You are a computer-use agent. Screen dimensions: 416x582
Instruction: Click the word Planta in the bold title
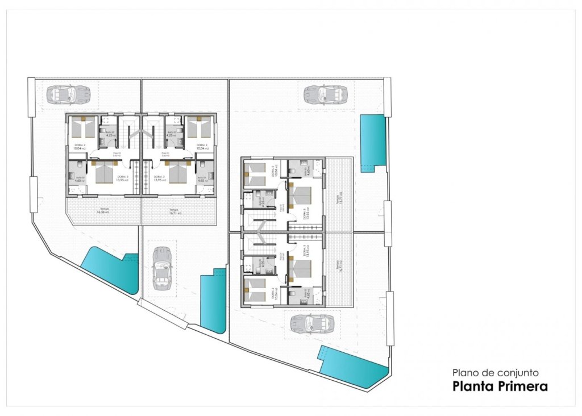[473, 387]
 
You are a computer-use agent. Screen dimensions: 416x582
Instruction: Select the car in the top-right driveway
[325, 94]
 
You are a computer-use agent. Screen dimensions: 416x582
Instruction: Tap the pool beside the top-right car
[372, 141]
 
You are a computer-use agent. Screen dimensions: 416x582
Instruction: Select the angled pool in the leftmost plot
[110, 271]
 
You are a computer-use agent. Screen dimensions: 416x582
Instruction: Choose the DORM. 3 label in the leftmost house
[123, 177]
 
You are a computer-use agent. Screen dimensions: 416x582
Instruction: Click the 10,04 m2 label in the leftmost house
[79, 148]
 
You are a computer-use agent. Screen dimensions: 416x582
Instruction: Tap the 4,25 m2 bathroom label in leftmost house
[111, 135]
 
